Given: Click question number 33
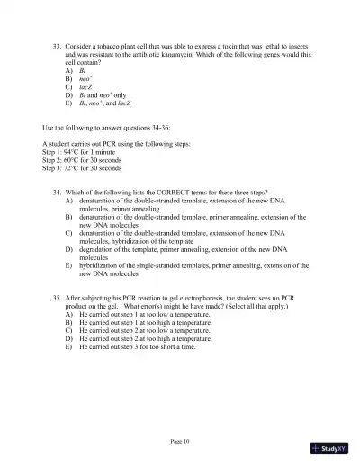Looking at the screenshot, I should (x=58, y=43).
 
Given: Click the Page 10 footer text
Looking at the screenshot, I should (x=180, y=441).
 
